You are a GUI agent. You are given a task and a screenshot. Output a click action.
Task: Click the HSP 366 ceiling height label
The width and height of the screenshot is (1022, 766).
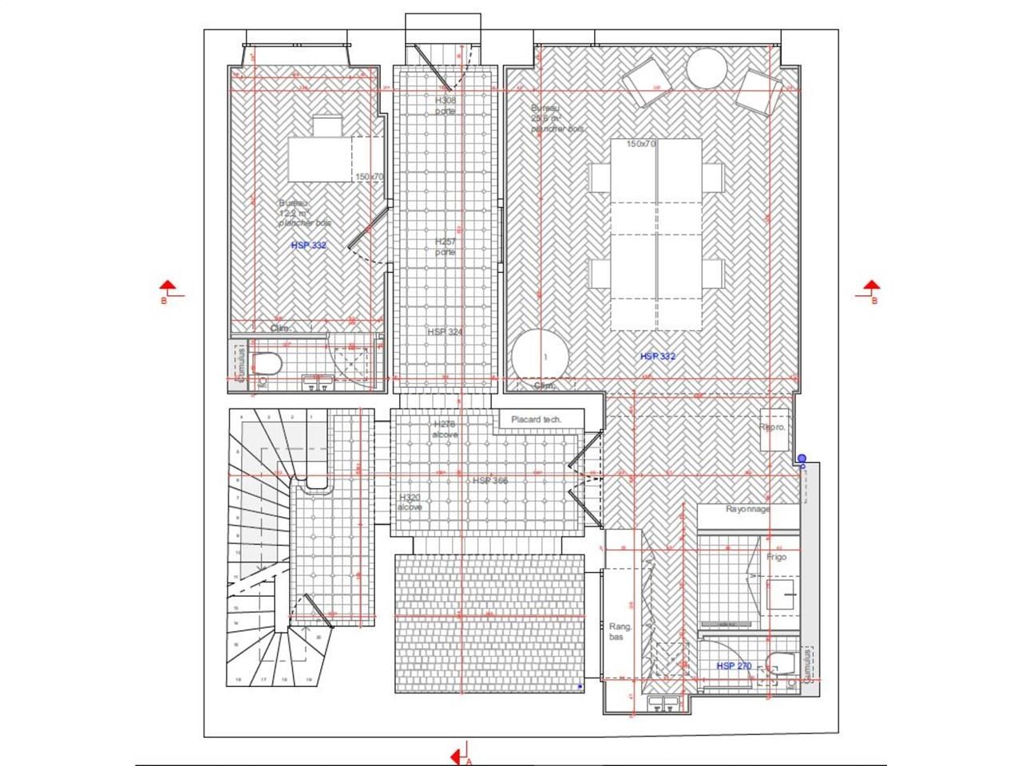pos(489,481)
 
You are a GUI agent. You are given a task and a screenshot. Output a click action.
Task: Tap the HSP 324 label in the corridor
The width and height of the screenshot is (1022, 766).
pos(445,332)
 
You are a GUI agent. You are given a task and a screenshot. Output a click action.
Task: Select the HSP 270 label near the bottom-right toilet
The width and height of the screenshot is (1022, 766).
pos(734,666)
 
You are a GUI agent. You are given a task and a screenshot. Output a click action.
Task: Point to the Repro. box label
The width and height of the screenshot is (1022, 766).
pos(773,428)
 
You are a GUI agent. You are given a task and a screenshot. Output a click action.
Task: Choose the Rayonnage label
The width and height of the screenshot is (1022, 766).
pos(748,509)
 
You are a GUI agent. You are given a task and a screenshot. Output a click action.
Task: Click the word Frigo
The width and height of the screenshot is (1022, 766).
pos(776,557)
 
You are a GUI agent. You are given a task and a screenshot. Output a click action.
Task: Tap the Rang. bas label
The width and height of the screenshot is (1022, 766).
pos(620,631)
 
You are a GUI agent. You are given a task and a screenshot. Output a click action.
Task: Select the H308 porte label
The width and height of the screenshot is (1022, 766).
pos(446,105)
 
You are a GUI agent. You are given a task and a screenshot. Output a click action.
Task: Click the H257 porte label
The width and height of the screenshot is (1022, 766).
pos(446,246)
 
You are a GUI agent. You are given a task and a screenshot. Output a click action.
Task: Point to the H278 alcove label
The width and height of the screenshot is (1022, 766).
pos(445,429)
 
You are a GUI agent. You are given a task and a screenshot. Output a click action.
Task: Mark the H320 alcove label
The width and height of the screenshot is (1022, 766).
pos(410,502)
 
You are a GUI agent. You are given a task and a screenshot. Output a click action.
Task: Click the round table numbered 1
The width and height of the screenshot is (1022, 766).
pos(540,357)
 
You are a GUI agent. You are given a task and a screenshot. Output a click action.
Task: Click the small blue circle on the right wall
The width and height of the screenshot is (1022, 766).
pos(802,459)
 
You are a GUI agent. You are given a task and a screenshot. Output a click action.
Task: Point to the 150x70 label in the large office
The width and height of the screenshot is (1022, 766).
pos(640,144)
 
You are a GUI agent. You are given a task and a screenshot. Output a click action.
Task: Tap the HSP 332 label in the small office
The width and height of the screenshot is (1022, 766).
pos(308,246)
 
